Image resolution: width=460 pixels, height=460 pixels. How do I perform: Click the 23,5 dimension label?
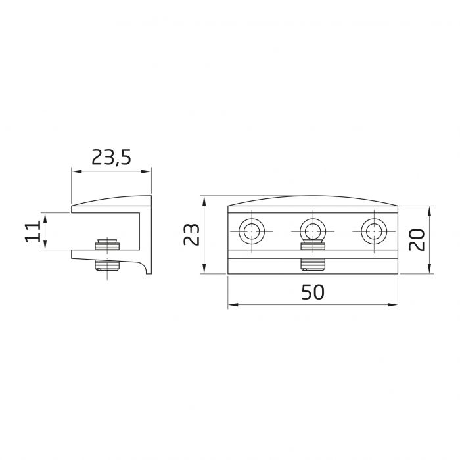[111, 158]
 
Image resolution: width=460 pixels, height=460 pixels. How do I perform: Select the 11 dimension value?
[34, 231]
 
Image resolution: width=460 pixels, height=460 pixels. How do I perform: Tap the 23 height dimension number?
[191, 235]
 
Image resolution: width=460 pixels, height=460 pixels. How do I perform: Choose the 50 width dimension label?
[313, 292]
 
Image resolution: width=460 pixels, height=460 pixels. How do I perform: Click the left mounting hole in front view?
[252, 231]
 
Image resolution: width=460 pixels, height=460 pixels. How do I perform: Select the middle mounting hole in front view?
[313, 231]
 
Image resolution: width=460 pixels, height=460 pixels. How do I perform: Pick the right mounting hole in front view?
[374, 231]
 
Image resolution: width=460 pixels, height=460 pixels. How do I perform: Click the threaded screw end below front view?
[313, 265]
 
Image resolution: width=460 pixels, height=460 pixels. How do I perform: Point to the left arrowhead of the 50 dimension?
[232, 305]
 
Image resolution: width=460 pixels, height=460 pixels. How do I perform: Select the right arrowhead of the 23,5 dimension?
[148, 172]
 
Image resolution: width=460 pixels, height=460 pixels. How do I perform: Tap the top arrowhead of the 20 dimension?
[430, 211]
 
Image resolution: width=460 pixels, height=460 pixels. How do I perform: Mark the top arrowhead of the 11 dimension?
[45, 216]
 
